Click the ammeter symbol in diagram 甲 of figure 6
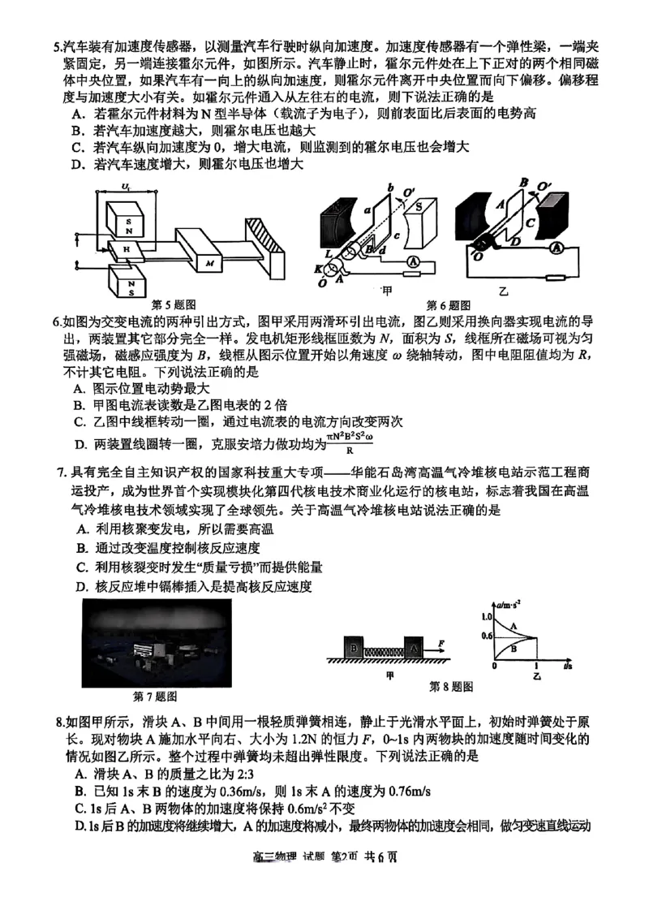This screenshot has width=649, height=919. [413, 261]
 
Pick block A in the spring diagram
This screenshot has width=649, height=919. [415, 649]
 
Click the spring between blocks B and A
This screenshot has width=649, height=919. [385, 649]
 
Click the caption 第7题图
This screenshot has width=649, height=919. [155, 696]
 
